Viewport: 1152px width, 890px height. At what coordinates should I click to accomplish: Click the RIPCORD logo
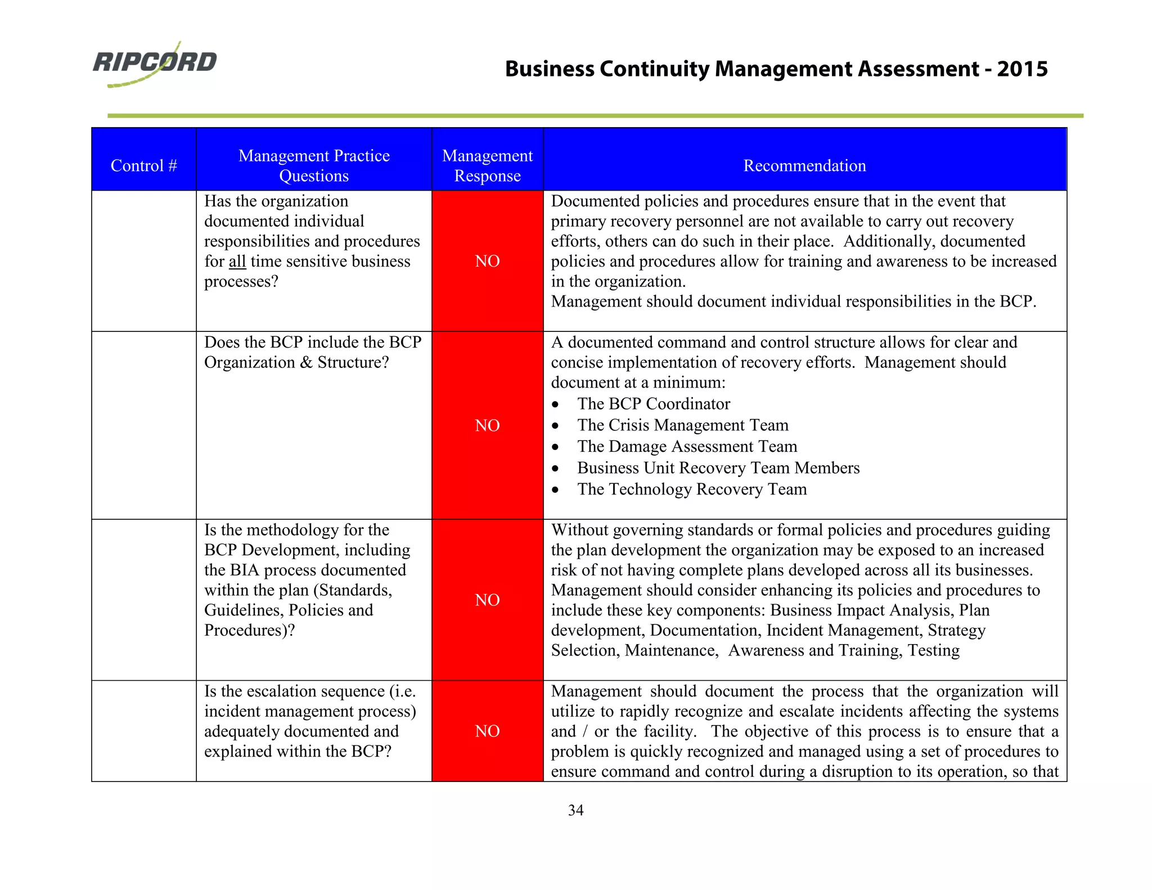point(155,63)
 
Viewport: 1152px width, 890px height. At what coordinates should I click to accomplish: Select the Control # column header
point(143,165)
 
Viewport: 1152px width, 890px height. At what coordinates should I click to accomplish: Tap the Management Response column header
point(487,165)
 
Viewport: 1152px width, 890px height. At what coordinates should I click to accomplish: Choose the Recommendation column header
point(804,165)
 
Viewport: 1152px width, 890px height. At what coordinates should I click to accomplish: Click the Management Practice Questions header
point(314,165)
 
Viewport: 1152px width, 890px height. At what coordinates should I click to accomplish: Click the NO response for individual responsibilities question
point(487,261)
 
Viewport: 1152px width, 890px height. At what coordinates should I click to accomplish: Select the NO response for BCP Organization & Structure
point(487,425)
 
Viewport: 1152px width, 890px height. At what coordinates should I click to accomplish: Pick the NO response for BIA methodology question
point(487,600)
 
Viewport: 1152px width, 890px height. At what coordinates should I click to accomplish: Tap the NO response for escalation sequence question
point(487,731)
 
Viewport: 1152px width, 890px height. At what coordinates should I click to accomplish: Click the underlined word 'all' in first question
point(237,262)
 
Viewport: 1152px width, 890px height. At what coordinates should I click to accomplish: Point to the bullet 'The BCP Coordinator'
point(653,404)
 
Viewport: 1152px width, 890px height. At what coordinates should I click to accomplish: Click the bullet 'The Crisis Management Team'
point(682,425)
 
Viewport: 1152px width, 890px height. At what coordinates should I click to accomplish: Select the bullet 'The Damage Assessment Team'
point(687,447)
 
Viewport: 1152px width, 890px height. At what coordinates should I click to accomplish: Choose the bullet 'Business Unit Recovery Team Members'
point(718,468)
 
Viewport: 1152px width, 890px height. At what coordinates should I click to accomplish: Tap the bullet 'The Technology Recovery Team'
point(691,489)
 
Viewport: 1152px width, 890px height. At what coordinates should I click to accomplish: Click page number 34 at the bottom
point(575,810)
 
